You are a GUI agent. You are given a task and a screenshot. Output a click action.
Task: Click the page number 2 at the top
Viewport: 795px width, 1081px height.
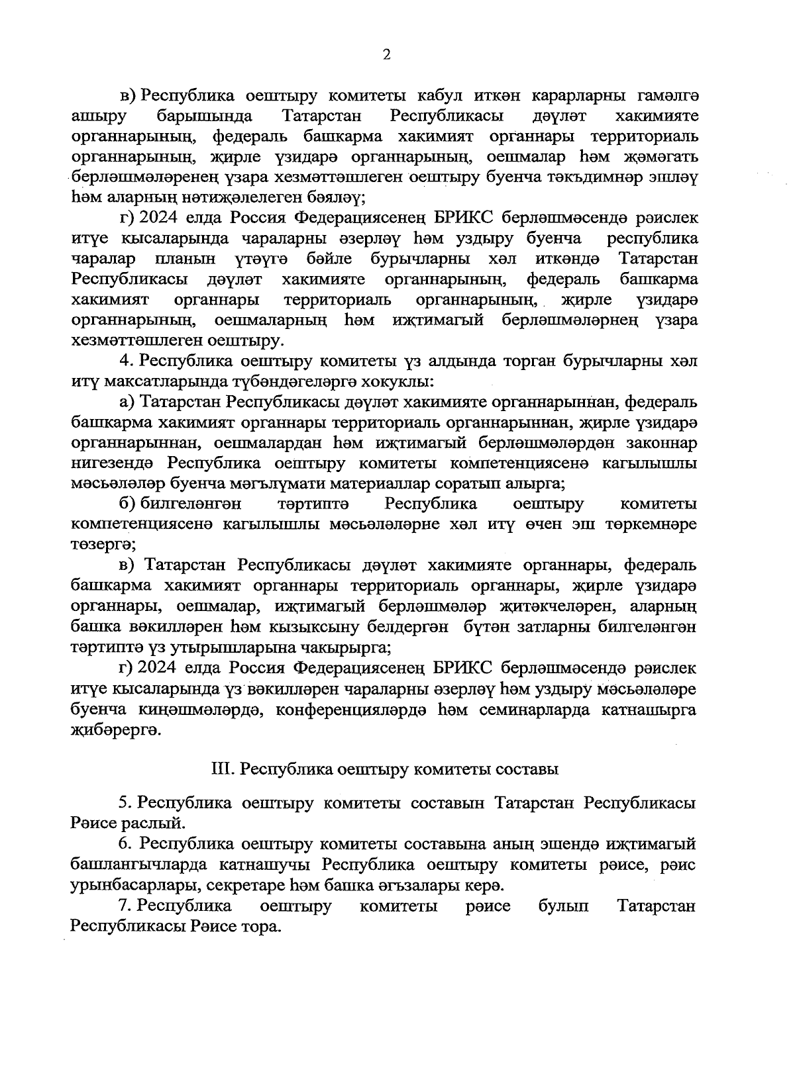387,55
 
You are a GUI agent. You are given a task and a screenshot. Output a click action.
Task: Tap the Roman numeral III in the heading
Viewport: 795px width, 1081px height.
219,770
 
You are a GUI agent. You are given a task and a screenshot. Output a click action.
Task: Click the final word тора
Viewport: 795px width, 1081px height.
260,927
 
